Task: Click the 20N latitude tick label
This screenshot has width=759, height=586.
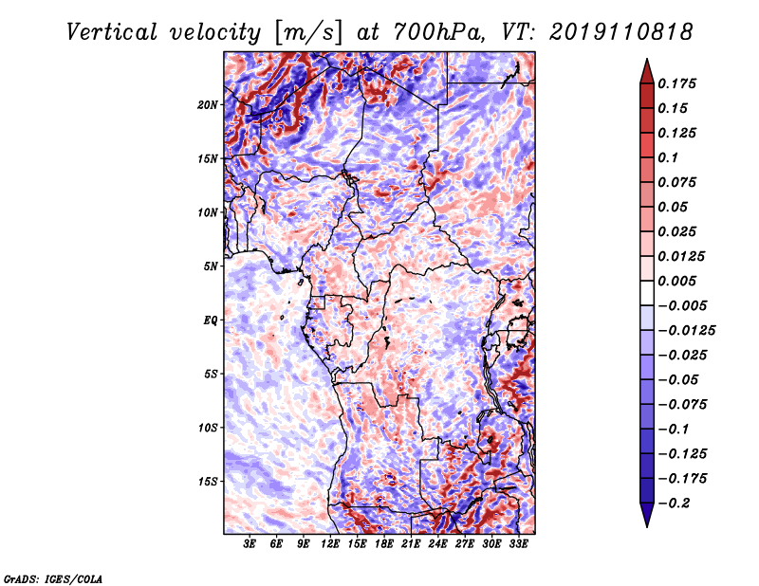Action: pyautogui.click(x=207, y=105)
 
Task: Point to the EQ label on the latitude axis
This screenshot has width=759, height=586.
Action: pyautogui.click(x=210, y=320)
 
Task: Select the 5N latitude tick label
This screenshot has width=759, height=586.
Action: pyautogui.click(x=210, y=266)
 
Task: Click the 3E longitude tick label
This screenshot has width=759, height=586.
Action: pyautogui.click(x=249, y=543)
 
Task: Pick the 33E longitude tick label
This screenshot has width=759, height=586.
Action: pyautogui.click(x=518, y=543)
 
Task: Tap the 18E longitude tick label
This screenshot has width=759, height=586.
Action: pyautogui.click(x=384, y=543)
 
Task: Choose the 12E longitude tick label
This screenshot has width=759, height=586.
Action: pyautogui.click(x=330, y=543)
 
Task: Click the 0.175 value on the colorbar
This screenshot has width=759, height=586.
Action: pyautogui.click(x=676, y=83)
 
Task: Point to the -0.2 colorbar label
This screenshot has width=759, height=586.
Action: pyautogui.click(x=674, y=504)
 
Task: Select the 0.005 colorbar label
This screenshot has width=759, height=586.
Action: pyautogui.click(x=676, y=281)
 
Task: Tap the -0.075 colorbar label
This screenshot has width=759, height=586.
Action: pyautogui.click(x=682, y=405)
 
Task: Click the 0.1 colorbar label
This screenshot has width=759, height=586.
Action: pyautogui.click(x=668, y=157)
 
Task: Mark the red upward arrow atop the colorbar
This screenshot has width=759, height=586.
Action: pyautogui.click(x=647, y=72)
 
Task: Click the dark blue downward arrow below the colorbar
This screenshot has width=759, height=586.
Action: pyautogui.click(x=647, y=515)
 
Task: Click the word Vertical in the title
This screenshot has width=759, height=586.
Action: pyautogui.click(x=112, y=33)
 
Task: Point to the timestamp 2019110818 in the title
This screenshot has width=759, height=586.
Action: pyautogui.click(x=620, y=32)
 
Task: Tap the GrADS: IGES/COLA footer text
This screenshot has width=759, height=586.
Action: pyautogui.click(x=53, y=578)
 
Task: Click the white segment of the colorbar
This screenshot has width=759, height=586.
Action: pyautogui.click(x=647, y=293)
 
